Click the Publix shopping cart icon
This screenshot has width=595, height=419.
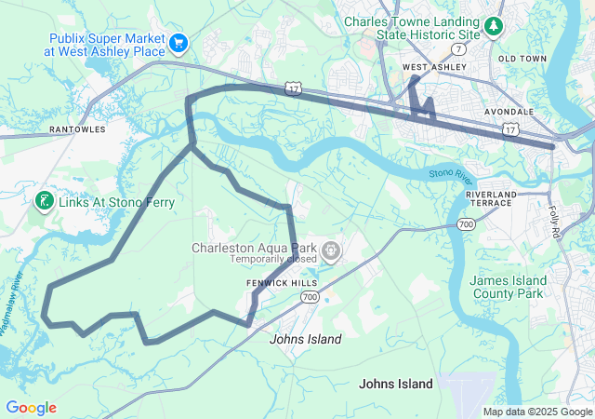(x=178, y=42)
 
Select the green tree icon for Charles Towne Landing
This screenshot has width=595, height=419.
(x=494, y=23)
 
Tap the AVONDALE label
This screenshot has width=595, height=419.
(x=509, y=111)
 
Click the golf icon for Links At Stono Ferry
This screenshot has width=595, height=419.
(x=43, y=200)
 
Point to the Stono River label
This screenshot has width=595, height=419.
(x=452, y=174)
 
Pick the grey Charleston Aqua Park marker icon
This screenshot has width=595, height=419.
(x=331, y=250)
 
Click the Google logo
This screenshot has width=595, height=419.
(x=31, y=408)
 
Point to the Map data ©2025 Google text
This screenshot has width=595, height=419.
(x=536, y=412)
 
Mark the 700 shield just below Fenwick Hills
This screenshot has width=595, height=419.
(x=310, y=296)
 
